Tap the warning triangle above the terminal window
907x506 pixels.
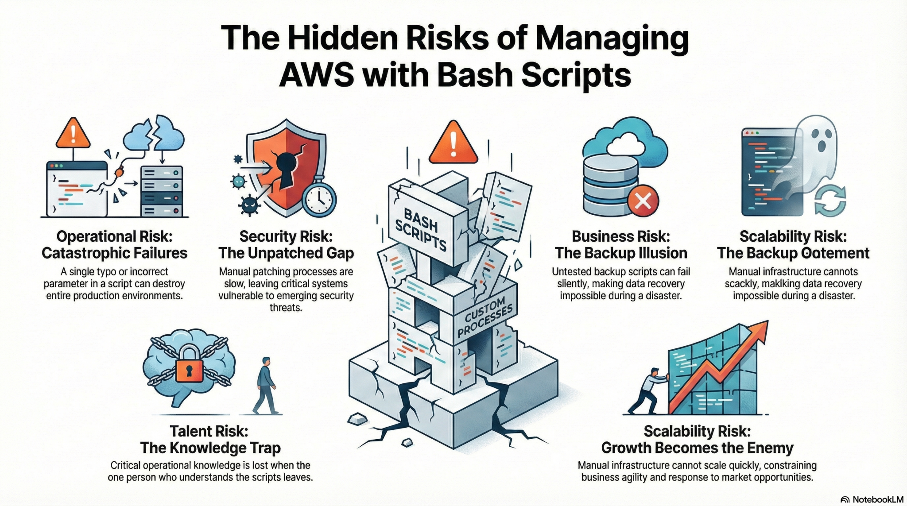click(x=73, y=133)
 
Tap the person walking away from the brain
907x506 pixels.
click(x=266, y=386)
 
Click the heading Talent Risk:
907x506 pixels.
click(x=209, y=431)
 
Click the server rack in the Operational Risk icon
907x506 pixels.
click(x=161, y=191)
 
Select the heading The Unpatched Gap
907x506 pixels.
click(x=286, y=253)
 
